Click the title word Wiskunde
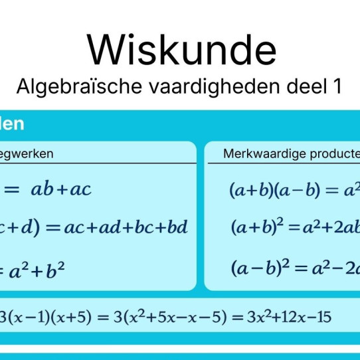181,50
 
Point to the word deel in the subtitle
299,86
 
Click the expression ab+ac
61,190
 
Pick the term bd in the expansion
177,228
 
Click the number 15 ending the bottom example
323,317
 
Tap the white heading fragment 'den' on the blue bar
12,124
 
